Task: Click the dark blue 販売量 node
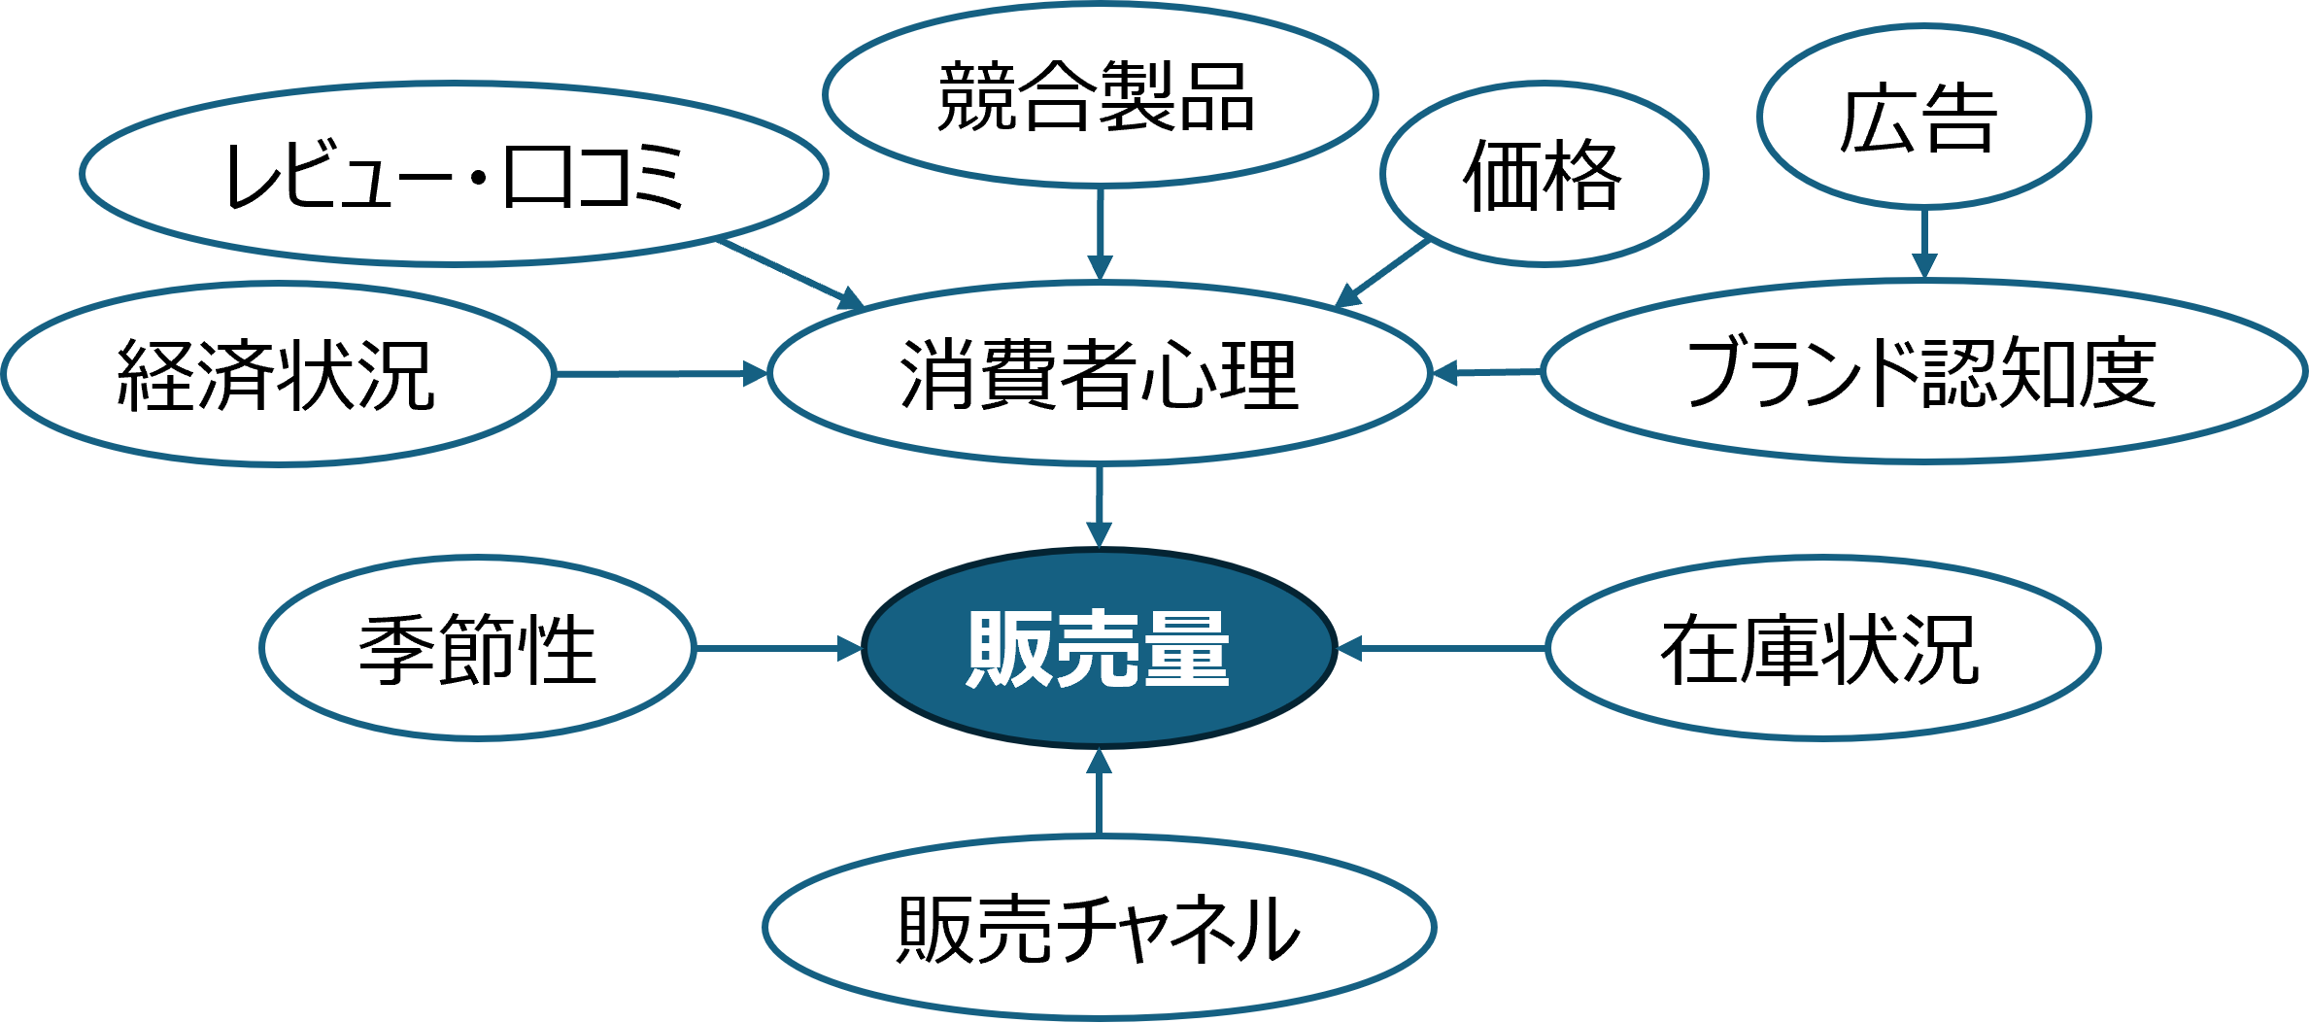tap(1099, 649)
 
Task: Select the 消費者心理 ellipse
tap(1099, 374)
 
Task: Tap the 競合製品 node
tap(1099, 95)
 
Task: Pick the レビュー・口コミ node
tap(454, 175)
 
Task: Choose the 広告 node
tap(1922, 118)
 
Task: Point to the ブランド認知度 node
tap(1923, 372)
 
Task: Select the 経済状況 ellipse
tap(278, 374)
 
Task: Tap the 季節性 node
tap(477, 649)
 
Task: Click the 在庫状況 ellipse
tap(1822, 649)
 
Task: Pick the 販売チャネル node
tap(1099, 928)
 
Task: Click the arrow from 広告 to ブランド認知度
tap(1923, 243)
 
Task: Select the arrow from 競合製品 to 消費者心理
tap(1099, 233)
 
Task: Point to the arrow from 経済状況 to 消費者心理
tap(661, 374)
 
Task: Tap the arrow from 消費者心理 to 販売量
tap(1099, 505)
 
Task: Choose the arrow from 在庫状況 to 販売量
tap(1442, 648)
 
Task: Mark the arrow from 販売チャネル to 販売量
tap(1099, 792)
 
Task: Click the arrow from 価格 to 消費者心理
tap(1384, 273)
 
